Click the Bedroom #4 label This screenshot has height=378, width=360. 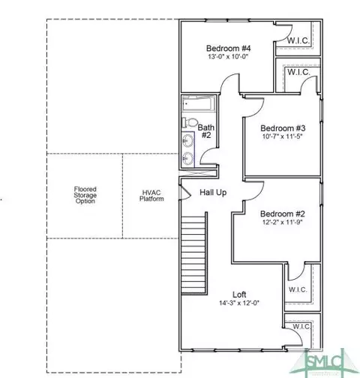click(x=228, y=48)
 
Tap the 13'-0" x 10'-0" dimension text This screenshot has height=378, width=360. click(x=228, y=57)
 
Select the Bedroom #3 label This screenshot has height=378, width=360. click(x=283, y=128)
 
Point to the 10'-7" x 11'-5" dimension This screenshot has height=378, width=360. click(x=283, y=136)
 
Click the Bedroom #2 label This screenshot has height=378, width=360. click(x=283, y=214)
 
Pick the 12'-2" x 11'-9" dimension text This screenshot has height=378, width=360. click(x=283, y=222)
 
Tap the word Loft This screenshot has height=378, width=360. click(x=239, y=295)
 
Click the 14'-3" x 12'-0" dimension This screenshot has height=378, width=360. click(x=239, y=303)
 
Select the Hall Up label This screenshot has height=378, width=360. click(x=213, y=193)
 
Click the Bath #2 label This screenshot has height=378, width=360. click(x=206, y=131)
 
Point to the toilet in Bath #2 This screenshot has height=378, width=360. click(x=190, y=122)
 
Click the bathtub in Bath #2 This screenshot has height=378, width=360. click(x=198, y=103)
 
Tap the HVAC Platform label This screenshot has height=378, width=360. click(x=151, y=196)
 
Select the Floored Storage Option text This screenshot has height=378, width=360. click(x=85, y=195)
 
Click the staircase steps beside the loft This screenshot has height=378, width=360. click(x=193, y=253)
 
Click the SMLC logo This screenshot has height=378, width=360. click(x=324, y=361)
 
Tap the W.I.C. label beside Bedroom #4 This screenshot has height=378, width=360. click(x=298, y=40)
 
